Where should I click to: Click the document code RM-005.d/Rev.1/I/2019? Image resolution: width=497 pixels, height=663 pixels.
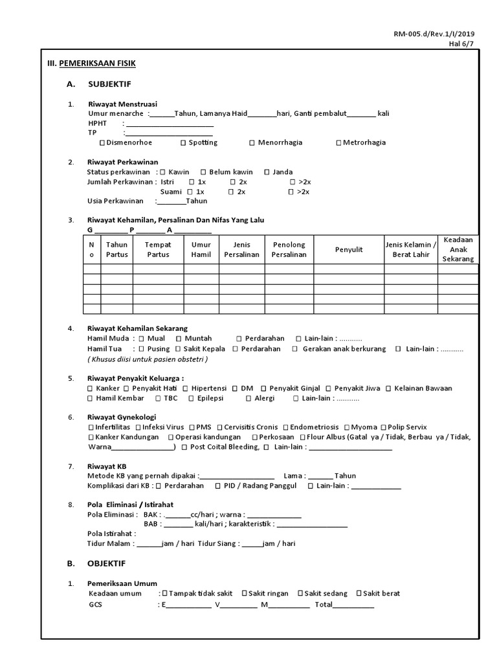click(434, 34)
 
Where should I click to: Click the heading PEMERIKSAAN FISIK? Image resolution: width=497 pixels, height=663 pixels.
click(97, 63)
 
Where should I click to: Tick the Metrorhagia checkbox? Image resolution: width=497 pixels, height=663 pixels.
click(338, 142)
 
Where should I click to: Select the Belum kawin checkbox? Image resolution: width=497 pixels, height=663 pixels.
click(203, 172)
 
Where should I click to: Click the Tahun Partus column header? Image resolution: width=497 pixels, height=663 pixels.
click(116, 249)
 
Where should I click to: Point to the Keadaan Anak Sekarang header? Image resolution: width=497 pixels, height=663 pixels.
click(459, 249)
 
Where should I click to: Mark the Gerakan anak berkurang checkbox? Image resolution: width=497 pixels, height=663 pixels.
click(295, 348)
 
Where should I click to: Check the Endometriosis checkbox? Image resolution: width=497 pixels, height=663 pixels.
click(285, 427)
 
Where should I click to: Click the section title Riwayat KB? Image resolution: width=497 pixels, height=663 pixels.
click(107, 466)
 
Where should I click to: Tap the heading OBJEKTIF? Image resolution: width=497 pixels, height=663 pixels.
click(106, 563)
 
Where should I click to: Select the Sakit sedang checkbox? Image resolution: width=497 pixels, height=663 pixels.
click(301, 593)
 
